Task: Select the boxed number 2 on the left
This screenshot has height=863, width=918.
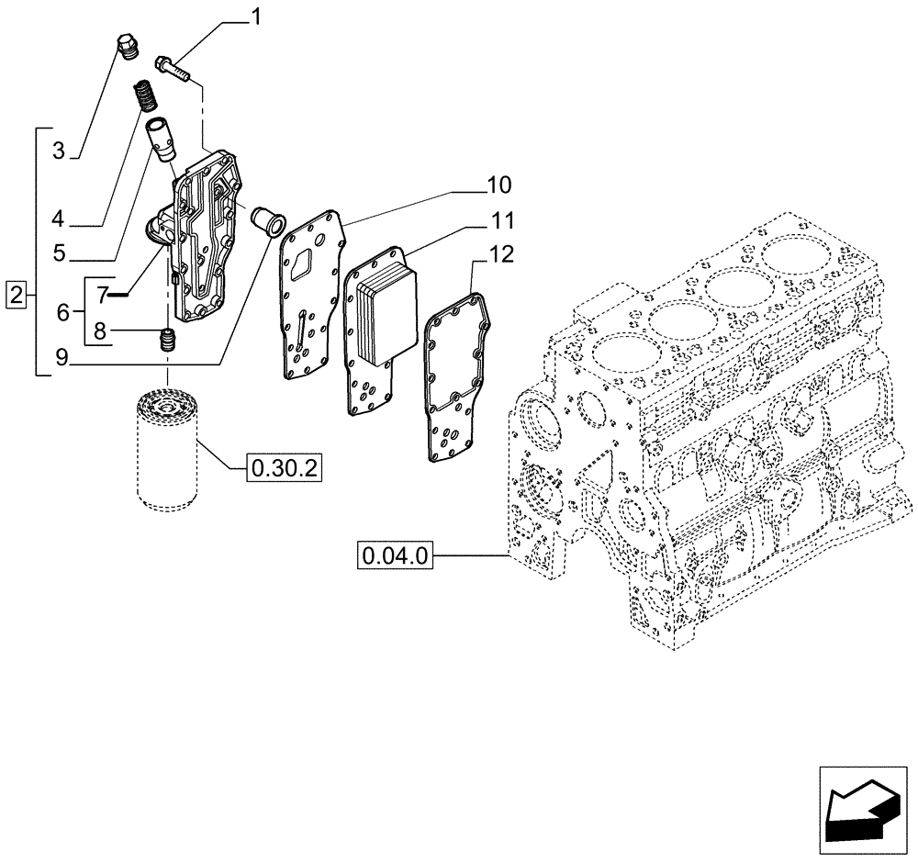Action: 15,296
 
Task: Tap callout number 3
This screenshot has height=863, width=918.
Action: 58,151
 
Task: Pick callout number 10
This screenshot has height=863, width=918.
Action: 499,186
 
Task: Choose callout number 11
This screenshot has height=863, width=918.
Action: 501,221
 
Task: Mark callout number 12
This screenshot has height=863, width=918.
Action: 501,254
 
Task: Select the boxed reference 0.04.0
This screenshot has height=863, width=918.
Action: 396,555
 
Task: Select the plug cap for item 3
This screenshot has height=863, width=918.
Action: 128,46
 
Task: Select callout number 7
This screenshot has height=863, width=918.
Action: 103,293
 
